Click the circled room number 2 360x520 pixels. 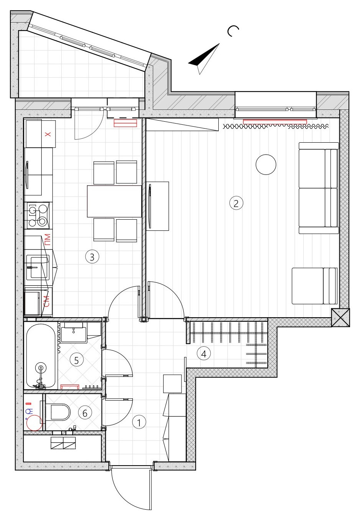pos(236,203)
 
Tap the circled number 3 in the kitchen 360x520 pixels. pos(92,256)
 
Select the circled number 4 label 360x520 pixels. pos(204,354)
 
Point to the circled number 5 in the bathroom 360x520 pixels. pos(76,360)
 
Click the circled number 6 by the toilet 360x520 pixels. pos(85,413)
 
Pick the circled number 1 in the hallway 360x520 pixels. pos(139,422)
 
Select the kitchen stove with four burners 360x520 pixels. pos(38,215)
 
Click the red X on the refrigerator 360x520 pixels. pos(47,134)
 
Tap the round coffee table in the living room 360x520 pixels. pos(266,165)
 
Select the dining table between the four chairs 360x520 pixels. pos(114,201)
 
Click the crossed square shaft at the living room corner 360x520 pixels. pos(340,317)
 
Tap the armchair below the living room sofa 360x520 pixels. pos(314,286)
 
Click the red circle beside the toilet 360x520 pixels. pos(34,423)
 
